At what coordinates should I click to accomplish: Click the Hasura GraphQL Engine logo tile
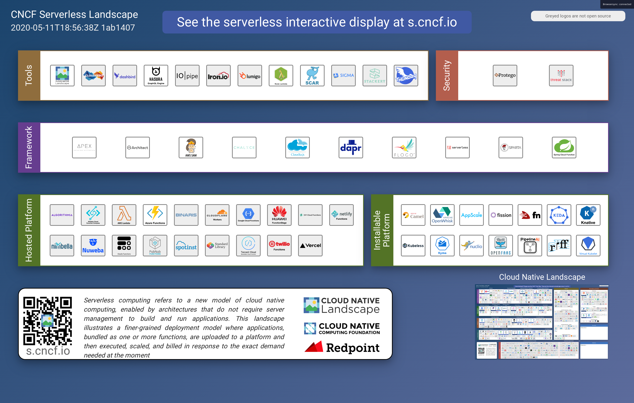point(156,76)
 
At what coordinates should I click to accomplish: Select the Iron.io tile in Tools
point(218,76)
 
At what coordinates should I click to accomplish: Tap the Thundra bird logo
point(406,76)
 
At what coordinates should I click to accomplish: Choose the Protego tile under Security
point(505,76)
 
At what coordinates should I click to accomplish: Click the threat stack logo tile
point(561,76)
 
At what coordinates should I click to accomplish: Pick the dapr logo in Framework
point(351,147)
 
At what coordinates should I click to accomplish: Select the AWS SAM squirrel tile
point(191,147)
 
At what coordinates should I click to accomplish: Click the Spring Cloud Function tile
point(564,147)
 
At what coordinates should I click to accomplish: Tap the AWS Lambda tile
point(124,215)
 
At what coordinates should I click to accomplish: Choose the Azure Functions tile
point(155,215)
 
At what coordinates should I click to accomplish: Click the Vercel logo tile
point(310,245)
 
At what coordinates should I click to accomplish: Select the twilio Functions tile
point(279,245)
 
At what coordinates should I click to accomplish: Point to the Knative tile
point(588,215)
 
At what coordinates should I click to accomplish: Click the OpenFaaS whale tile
point(501,245)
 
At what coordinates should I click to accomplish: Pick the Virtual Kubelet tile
point(588,245)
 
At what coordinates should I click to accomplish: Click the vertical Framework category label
point(29,147)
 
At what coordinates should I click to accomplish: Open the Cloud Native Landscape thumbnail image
point(542,322)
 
